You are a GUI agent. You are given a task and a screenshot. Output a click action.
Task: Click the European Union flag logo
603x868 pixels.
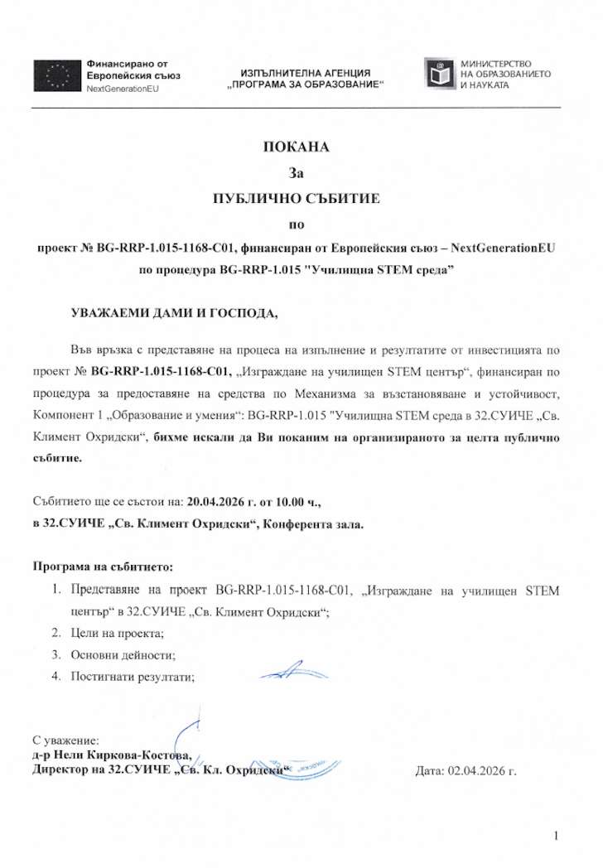[x=55, y=75]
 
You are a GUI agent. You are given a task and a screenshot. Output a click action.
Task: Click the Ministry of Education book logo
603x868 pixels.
[x=438, y=74]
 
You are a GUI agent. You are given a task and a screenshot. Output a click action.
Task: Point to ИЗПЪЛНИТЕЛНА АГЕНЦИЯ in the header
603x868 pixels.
[x=305, y=73]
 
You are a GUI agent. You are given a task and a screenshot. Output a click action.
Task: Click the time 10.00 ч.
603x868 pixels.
[x=304, y=502]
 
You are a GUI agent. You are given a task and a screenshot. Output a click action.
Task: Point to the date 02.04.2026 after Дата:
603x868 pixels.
[x=482, y=770]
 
